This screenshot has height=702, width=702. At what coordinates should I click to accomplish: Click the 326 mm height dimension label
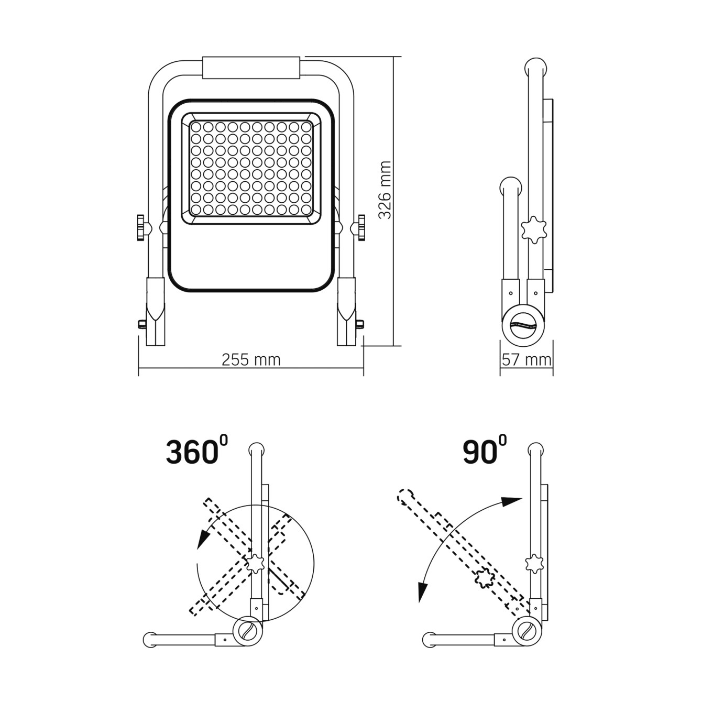(385, 190)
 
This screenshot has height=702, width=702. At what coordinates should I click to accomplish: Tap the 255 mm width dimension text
(251, 360)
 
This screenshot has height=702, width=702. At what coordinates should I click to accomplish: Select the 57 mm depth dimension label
(526, 360)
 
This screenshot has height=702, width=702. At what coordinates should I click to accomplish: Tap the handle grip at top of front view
(251, 68)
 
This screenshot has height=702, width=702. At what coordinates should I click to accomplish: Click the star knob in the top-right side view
(534, 229)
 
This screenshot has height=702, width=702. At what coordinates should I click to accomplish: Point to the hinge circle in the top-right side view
(523, 325)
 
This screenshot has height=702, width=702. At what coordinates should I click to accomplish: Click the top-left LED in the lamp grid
(196, 127)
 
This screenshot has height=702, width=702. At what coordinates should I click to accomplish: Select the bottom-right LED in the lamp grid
(307, 210)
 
